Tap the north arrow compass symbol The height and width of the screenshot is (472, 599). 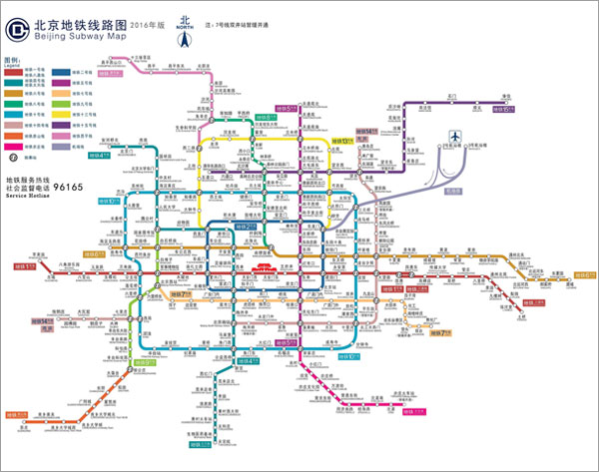(184, 39)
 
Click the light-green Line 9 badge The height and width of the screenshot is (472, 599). (145, 363)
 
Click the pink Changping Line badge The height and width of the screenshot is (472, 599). (121, 73)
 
